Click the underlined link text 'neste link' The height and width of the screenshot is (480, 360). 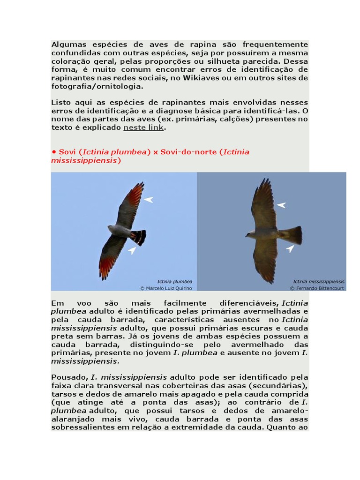[x=143, y=127]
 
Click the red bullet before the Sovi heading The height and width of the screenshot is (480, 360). [x=54, y=152]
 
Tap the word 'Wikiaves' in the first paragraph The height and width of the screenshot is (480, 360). [x=211, y=78]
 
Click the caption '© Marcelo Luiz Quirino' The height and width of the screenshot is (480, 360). [x=166, y=288]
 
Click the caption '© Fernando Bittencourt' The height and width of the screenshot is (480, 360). [x=317, y=288]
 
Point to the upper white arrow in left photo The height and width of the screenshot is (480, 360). [x=148, y=200]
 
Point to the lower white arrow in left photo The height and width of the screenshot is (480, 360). [x=132, y=251]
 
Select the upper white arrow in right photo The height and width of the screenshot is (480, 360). [x=281, y=205]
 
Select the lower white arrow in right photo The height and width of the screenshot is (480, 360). [x=291, y=248]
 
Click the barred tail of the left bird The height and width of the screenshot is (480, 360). [x=139, y=237]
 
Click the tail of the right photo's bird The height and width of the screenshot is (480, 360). [x=292, y=235]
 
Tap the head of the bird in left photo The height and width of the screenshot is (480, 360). [x=111, y=229]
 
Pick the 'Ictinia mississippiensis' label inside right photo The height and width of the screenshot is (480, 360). [x=319, y=281]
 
